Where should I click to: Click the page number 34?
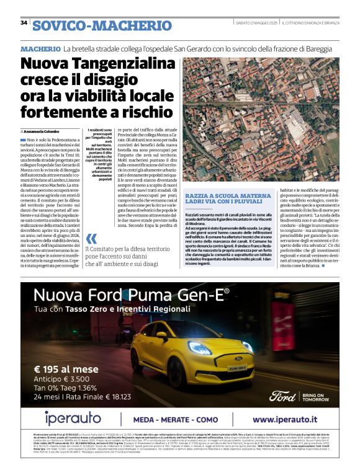[24, 23]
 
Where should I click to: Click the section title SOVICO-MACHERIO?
[102, 25]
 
